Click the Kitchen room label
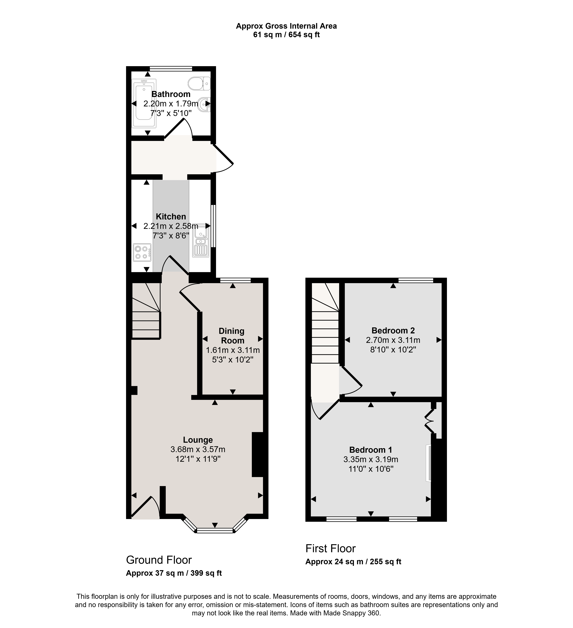[171, 217]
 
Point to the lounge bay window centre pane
[215, 530]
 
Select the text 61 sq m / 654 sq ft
[286, 35]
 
